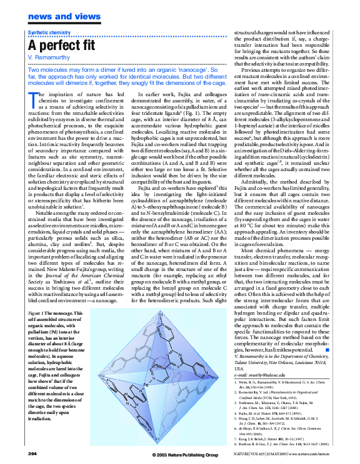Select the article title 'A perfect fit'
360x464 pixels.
pos(62,46)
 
